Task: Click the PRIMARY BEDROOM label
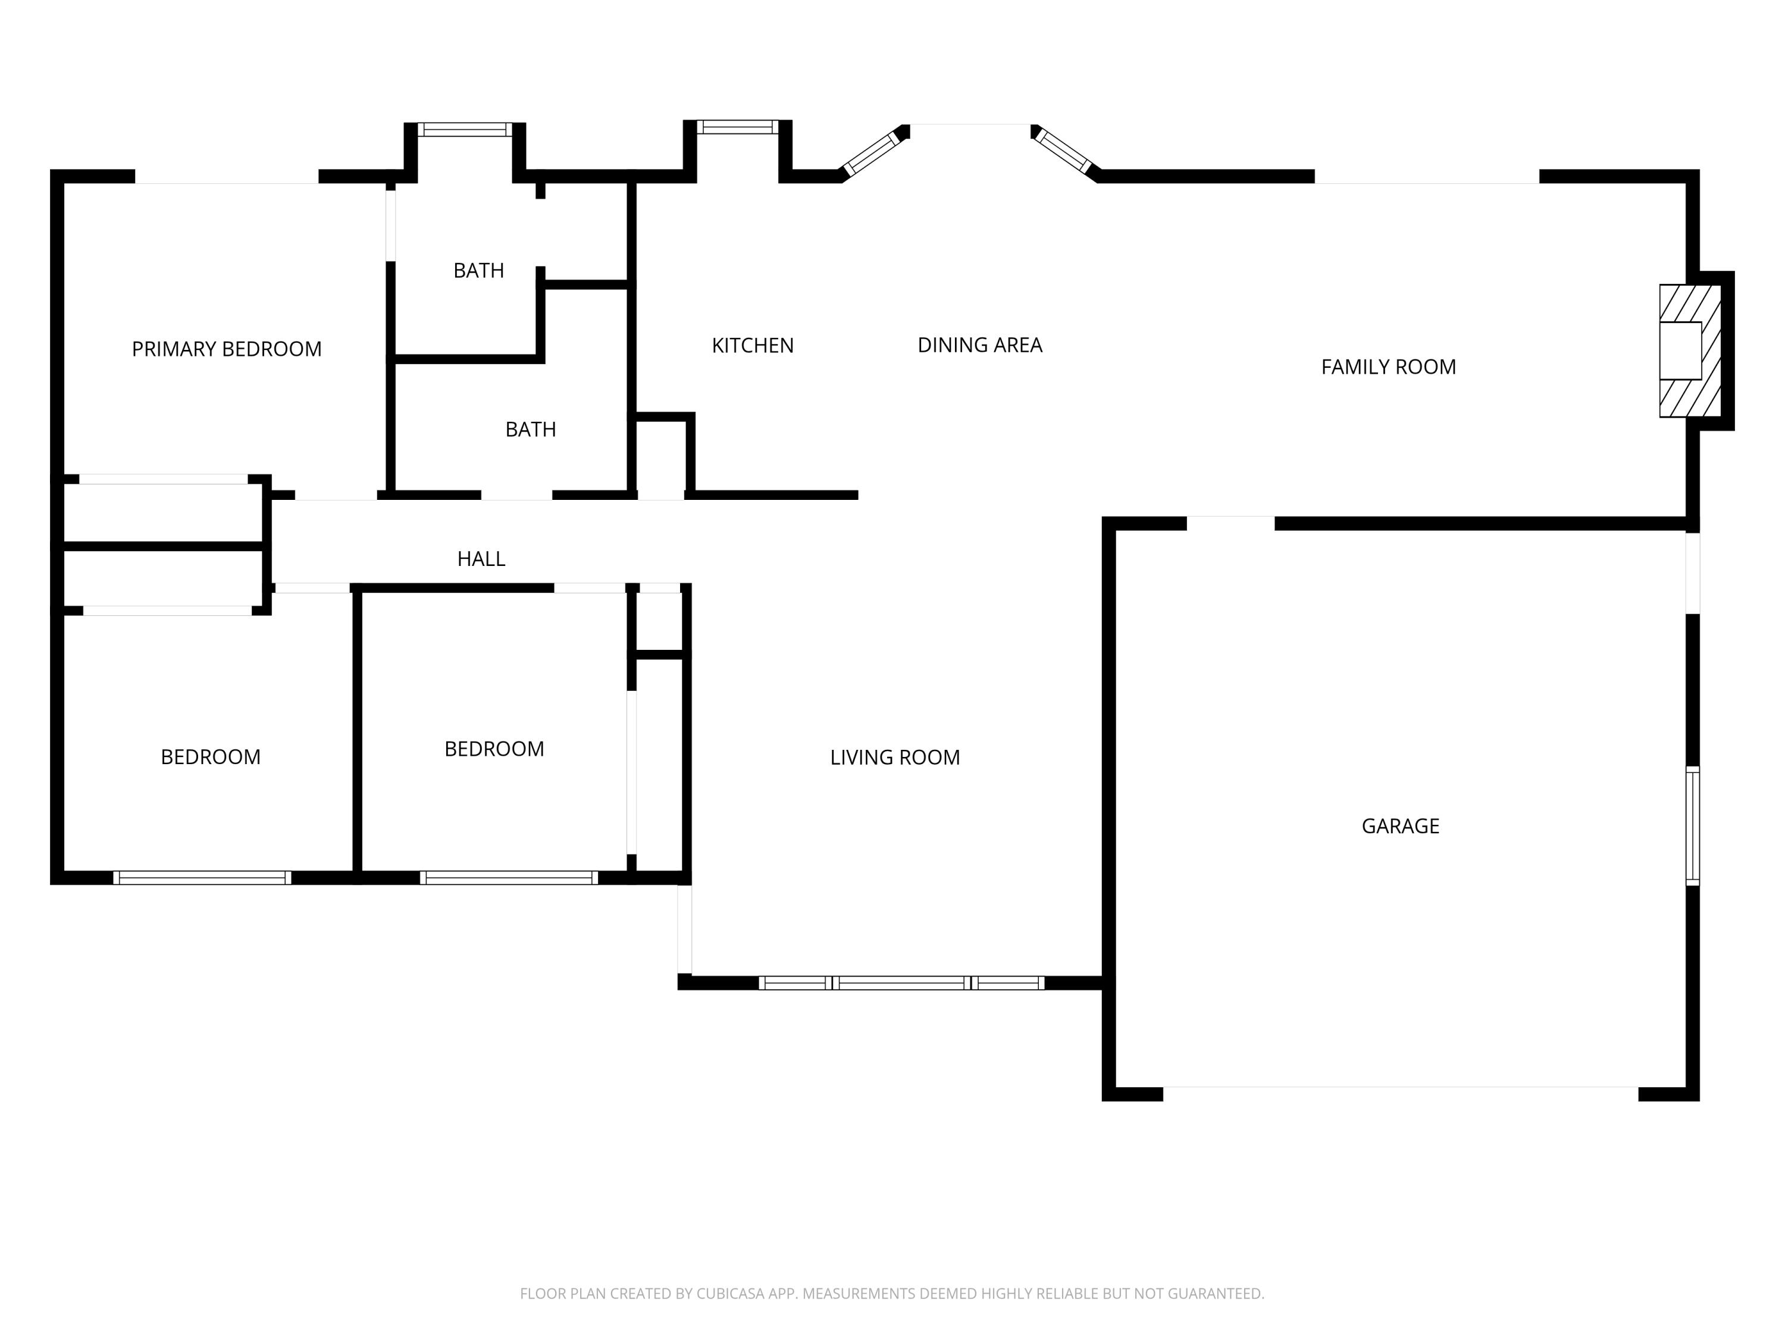[x=226, y=349]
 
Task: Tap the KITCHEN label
[x=752, y=345]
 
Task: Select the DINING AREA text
[x=979, y=345]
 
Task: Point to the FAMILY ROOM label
[x=1388, y=367]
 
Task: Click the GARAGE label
[x=1400, y=825]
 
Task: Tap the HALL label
[x=481, y=559]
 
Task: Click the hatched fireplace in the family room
[x=1689, y=351]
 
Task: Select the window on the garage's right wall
[x=1692, y=825]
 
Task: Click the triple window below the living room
[x=901, y=983]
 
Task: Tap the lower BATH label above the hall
[x=530, y=430]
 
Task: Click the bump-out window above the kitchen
[x=738, y=127]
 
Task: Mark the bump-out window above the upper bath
[x=465, y=129]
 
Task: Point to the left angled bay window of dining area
[x=870, y=152]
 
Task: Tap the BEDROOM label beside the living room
[x=494, y=749]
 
